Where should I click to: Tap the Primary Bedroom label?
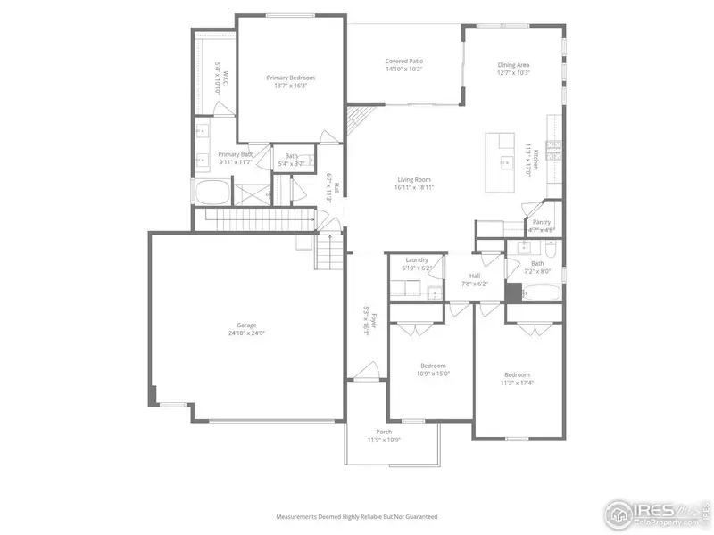point(290,78)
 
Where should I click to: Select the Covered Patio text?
point(403,61)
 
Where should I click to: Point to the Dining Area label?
point(513,64)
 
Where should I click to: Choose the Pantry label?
point(542,222)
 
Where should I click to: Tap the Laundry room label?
point(417,260)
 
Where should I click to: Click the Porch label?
point(384,432)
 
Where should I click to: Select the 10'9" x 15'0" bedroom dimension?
point(434,374)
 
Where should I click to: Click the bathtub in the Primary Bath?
point(212,193)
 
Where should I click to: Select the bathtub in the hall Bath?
point(542,292)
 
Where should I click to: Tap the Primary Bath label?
point(236,154)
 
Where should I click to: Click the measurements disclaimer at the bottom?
point(357,516)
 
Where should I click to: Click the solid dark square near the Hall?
point(513,292)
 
